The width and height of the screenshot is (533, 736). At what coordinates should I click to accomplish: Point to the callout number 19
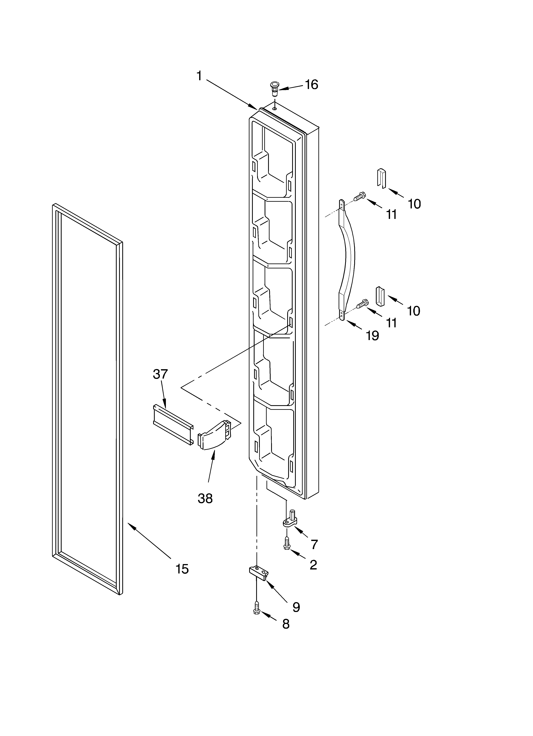pos(372,336)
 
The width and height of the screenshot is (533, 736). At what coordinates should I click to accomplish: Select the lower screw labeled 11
pos(362,304)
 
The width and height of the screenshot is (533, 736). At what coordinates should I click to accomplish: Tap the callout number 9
pos(296,607)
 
